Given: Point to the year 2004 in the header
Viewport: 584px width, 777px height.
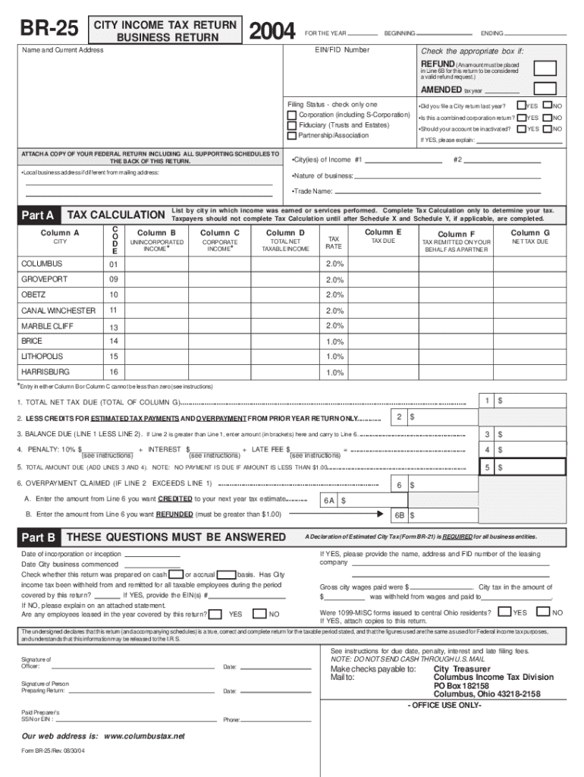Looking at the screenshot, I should (x=272, y=31).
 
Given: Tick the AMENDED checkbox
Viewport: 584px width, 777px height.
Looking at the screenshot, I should (x=545, y=90).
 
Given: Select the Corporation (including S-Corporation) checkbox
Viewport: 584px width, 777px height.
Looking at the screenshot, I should (x=292, y=115).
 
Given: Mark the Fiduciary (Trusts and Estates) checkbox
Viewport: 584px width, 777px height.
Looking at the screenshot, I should (x=292, y=125).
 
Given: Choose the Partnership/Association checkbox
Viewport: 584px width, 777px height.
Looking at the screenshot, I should (x=292, y=136).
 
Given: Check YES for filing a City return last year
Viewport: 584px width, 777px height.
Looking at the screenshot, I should (x=521, y=105).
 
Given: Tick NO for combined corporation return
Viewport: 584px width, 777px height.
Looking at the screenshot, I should (x=546, y=118).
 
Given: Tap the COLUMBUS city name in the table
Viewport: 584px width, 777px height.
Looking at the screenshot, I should (x=42, y=264).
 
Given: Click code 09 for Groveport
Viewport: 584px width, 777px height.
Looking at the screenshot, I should (x=114, y=280).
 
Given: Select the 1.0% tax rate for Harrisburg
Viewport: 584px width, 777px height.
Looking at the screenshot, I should (x=334, y=373).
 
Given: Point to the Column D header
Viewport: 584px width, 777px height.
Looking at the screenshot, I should (x=286, y=233).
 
